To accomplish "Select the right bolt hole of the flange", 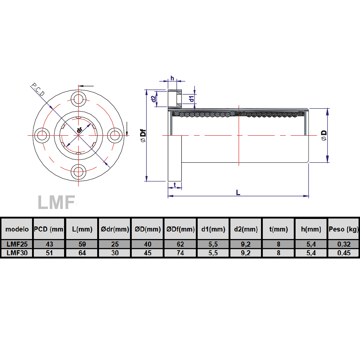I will [115, 135].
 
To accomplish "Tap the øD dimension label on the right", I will [324, 135].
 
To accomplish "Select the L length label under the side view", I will [238, 192].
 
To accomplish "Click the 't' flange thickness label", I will [175, 184].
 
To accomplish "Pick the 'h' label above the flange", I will [172, 78].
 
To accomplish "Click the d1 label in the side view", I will [192, 98].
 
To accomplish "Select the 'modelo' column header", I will [17, 229].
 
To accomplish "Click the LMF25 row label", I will [17, 244].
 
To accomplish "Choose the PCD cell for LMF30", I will [49, 253].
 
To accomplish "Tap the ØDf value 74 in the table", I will [180, 253].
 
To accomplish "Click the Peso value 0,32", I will [343, 244].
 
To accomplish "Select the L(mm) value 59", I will [82, 244].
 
